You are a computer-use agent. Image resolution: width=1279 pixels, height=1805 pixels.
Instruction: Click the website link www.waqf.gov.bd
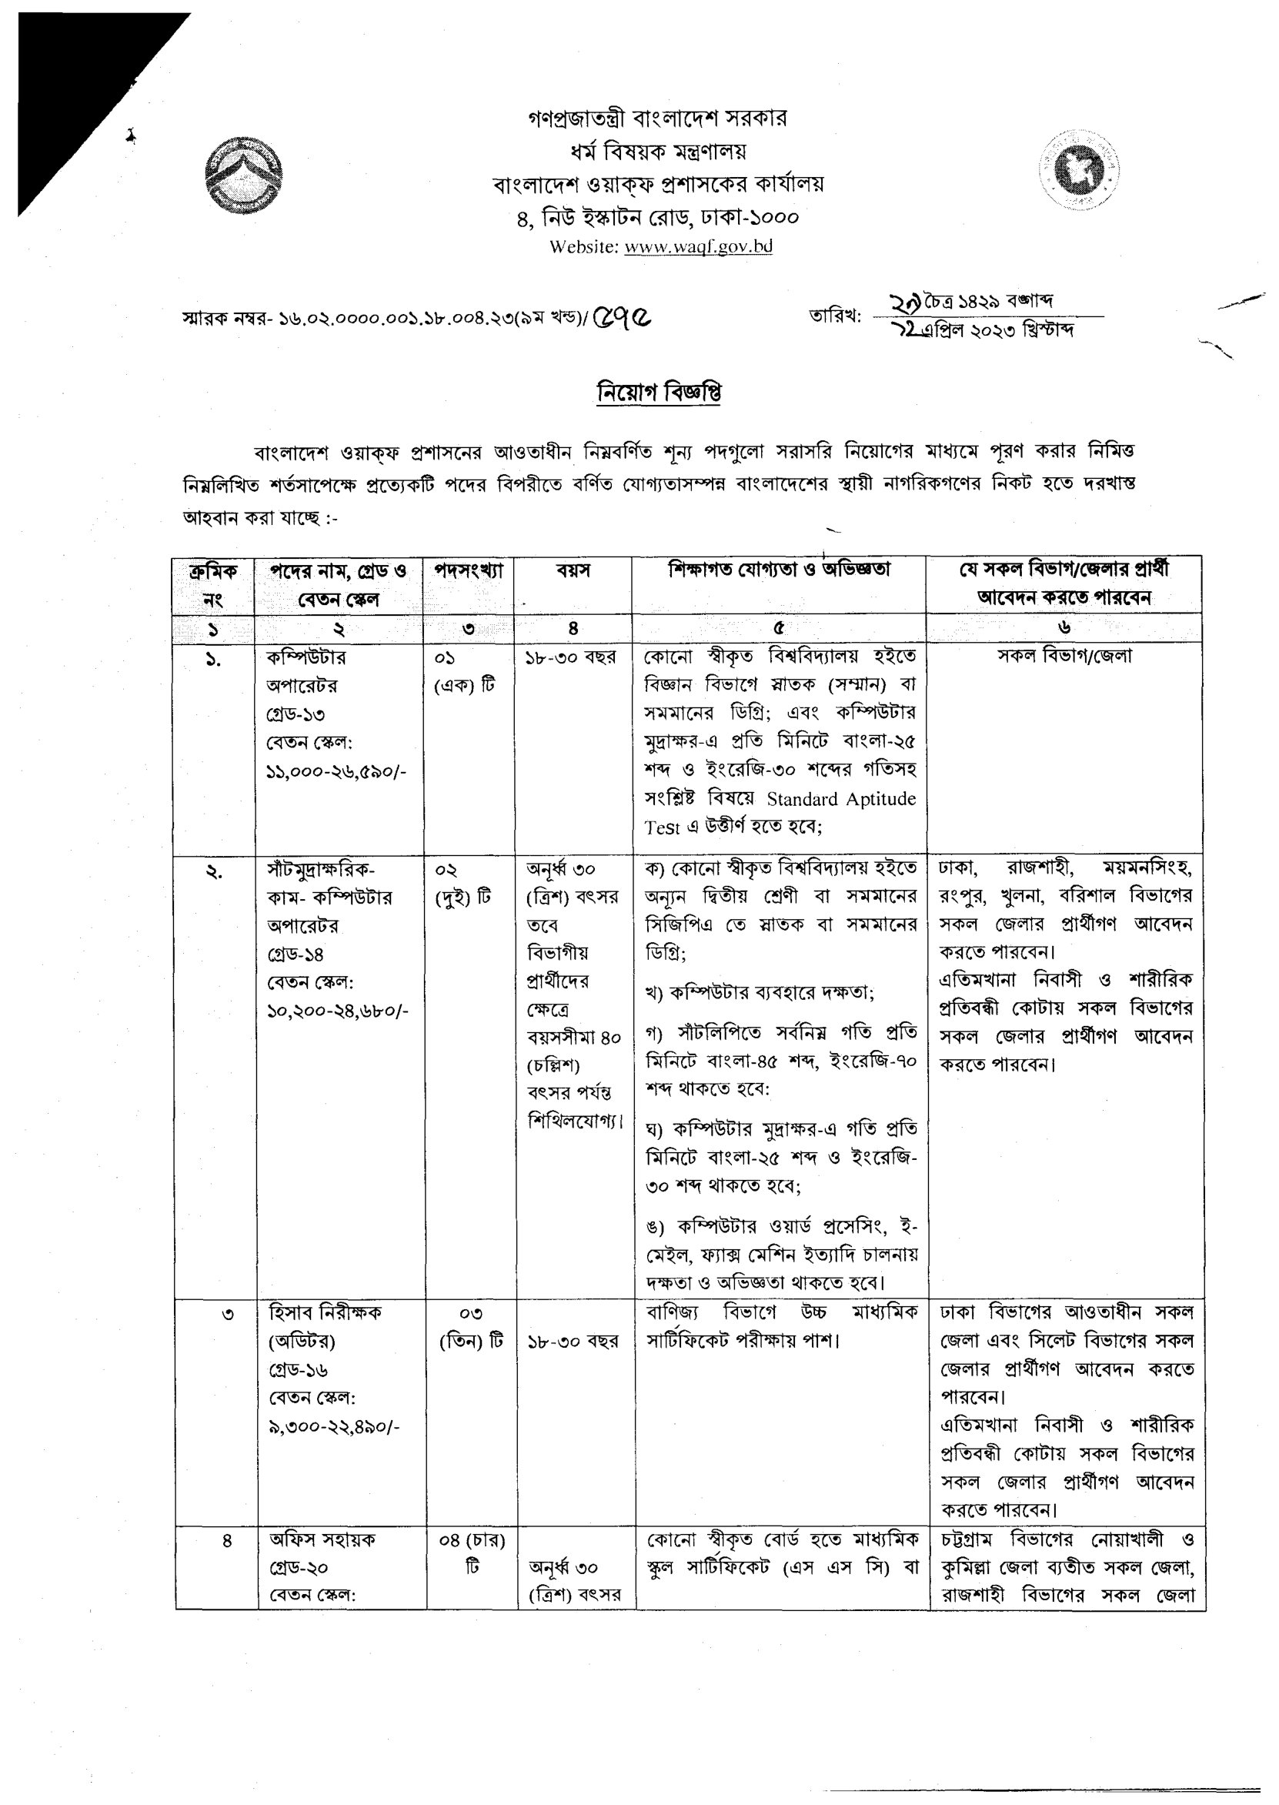[x=698, y=246]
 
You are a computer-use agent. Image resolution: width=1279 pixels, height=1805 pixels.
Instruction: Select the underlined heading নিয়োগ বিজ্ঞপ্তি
[x=660, y=393]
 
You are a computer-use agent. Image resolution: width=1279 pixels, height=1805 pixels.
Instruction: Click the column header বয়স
[x=573, y=571]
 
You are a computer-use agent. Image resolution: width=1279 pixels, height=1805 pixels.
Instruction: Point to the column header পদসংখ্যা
[x=469, y=571]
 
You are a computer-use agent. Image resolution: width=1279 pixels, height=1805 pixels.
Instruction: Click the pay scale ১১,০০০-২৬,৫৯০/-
[x=336, y=771]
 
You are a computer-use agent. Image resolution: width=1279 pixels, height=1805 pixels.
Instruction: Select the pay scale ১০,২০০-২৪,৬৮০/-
[x=337, y=1011]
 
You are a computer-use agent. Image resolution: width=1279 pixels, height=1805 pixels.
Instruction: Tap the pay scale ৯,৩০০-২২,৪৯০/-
[x=334, y=1426]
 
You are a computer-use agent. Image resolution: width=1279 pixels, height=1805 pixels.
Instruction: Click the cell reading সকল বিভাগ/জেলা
[x=1065, y=656]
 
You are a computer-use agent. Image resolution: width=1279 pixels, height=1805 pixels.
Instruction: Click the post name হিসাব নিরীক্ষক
[x=326, y=1313]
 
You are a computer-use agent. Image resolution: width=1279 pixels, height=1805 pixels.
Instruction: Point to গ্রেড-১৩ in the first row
[x=296, y=714]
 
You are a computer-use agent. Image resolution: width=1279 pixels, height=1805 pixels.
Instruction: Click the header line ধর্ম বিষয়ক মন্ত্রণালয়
[x=659, y=150]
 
